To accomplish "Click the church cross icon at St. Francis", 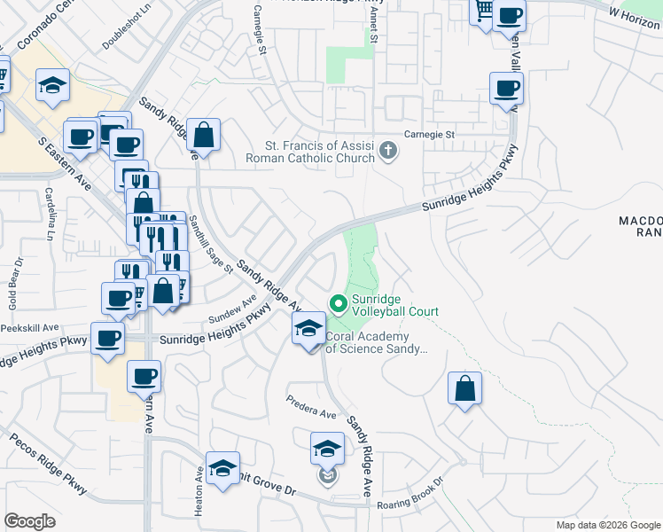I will (388, 152).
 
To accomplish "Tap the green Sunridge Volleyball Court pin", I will (338, 304).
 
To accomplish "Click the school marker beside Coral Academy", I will (308, 330).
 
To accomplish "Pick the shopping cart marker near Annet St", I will (483, 12).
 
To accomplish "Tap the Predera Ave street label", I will (311, 407).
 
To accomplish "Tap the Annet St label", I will (373, 34).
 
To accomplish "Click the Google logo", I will (31, 521).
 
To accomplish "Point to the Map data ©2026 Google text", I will (608, 525).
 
